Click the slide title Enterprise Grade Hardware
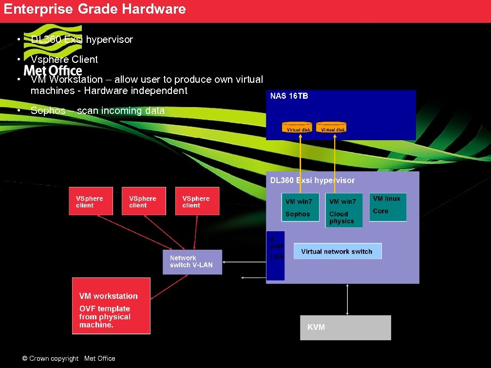pyautogui.click(x=95, y=9)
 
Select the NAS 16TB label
pyautogui.click(x=289, y=96)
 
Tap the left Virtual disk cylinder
pyautogui.click(x=297, y=128)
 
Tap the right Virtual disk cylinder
pyautogui.click(x=331, y=128)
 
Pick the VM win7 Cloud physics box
pyautogui.click(x=344, y=210)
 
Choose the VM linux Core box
pyautogui.click(x=387, y=207)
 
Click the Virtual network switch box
pyautogui.click(x=337, y=251)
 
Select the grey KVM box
pyautogui.click(x=345, y=328)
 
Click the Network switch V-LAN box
pyautogui.click(x=192, y=262)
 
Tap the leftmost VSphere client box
pyautogui.click(x=91, y=201)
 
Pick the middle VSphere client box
pyautogui.click(x=144, y=201)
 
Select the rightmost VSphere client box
pyautogui.click(x=197, y=201)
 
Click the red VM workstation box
pyautogui.click(x=111, y=306)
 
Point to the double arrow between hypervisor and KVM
pyautogui.click(x=347, y=299)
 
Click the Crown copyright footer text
pyautogui.click(x=69, y=359)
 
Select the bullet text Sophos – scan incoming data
pyautogui.click(x=97, y=110)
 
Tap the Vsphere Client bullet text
pyautogui.click(x=64, y=59)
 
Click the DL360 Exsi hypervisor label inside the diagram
pyautogui.click(x=312, y=181)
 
